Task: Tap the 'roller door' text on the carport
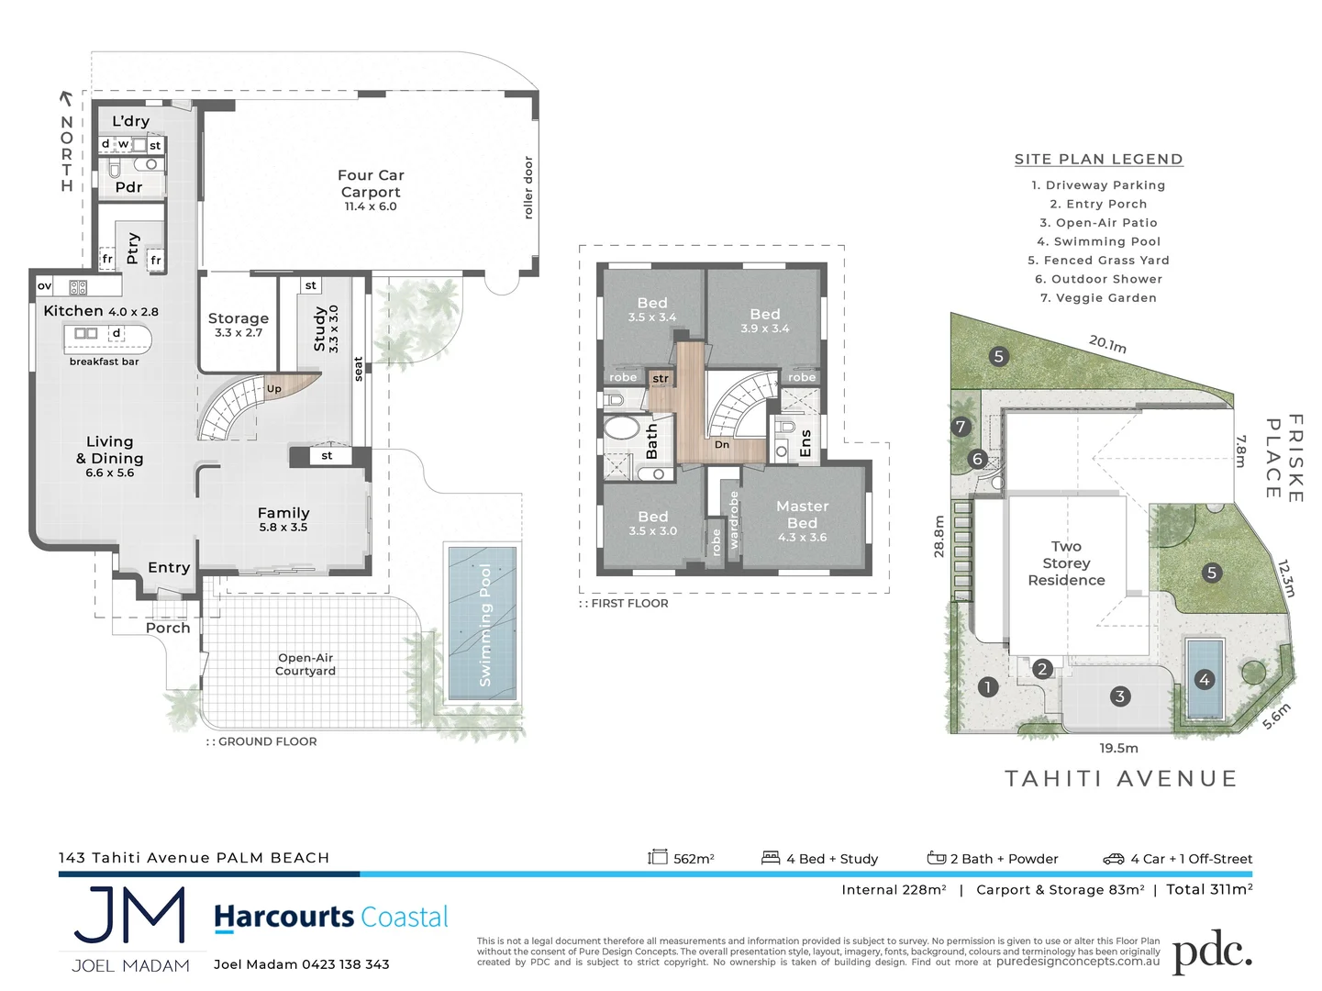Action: [x=528, y=188]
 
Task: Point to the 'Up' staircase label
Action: [x=273, y=389]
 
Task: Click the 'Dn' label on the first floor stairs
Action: [x=722, y=445]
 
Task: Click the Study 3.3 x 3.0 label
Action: [x=325, y=328]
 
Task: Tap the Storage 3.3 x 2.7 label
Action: [x=238, y=324]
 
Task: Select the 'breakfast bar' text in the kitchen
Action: [x=105, y=362]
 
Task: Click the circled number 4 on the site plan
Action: [x=1205, y=680]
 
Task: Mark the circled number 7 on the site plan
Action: [x=961, y=427]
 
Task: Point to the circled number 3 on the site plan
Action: [x=1119, y=696]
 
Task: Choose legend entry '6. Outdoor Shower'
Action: [x=1098, y=279]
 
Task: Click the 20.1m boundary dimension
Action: [x=1107, y=345]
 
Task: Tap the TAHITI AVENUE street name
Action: [x=1121, y=779]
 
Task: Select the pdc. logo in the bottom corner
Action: [x=1211, y=953]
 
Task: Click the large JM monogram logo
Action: [x=129, y=915]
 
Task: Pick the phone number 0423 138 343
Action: [x=346, y=964]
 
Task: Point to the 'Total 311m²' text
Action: [x=1209, y=889]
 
